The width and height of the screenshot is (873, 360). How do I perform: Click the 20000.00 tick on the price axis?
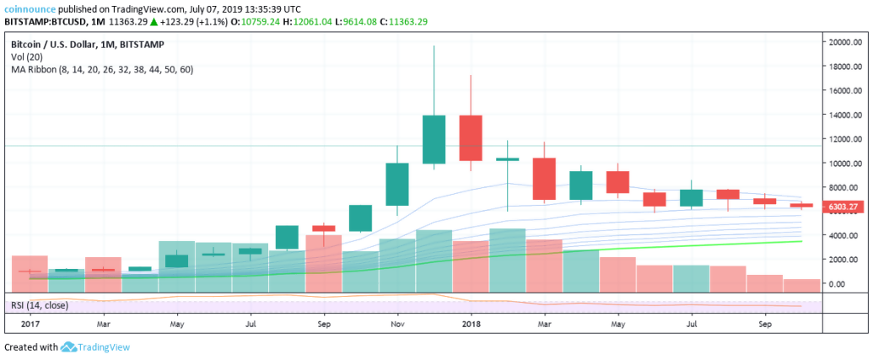pos(845,41)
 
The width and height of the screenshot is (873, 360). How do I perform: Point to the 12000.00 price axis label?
pos(845,139)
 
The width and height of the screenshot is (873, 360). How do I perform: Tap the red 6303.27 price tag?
pos(843,206)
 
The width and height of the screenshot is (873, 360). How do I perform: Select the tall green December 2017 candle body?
pos(434,139)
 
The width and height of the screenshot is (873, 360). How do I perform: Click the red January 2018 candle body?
pos(470,137)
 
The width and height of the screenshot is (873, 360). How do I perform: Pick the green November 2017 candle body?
pos(396,184)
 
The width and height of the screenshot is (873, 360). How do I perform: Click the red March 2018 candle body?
pos(543,179)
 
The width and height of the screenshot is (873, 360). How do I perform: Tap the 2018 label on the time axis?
pos(470,323)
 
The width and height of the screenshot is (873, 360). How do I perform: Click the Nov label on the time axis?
pos(396,323)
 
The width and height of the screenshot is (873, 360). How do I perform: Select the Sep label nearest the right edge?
pos(764,323)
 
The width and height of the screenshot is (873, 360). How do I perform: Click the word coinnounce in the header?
pos(32,8)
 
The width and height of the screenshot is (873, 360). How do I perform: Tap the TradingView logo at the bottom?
pos(95,347)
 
